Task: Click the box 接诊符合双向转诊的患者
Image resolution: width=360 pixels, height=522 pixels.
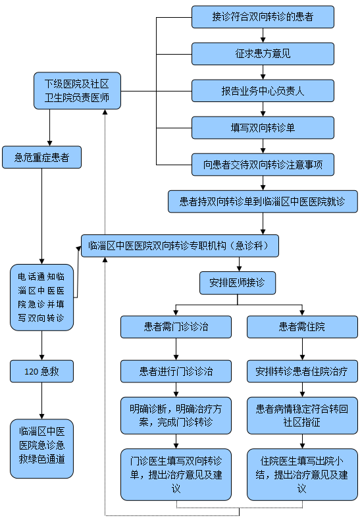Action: click(263, 17)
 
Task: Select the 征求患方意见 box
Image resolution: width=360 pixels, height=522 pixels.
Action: click(263, 54)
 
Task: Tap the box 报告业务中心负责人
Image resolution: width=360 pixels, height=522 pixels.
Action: click(263, 91)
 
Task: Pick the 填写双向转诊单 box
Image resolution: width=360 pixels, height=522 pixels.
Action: click(263, 128)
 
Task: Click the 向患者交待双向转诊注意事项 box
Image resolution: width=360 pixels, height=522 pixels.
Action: click(263, 165)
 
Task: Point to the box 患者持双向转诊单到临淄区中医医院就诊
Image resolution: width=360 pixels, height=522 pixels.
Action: click(263, 201)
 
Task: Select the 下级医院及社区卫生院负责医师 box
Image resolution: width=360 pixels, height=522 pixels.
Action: click(77, 91)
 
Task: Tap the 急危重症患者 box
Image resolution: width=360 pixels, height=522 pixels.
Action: click(41, 157)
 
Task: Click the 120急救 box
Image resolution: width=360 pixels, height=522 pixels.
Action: click(41, 371)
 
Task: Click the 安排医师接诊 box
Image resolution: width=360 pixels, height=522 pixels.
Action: click(237, 283)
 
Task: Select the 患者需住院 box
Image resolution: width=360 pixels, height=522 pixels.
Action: click(302, 327)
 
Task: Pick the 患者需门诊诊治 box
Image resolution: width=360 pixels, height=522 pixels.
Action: click(176, 327)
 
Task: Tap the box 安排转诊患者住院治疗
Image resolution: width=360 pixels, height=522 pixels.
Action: click(302, 371)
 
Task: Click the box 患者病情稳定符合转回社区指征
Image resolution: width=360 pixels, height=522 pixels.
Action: click(302, 415)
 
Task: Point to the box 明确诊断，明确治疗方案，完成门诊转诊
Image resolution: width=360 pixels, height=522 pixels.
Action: click(176, 415)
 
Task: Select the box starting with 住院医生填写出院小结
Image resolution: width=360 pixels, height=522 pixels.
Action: click(302, 475)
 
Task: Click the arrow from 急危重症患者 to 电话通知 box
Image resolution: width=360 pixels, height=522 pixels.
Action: click(41, 217)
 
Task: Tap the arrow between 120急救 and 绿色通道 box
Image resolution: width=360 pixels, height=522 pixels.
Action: click(41, 401)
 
